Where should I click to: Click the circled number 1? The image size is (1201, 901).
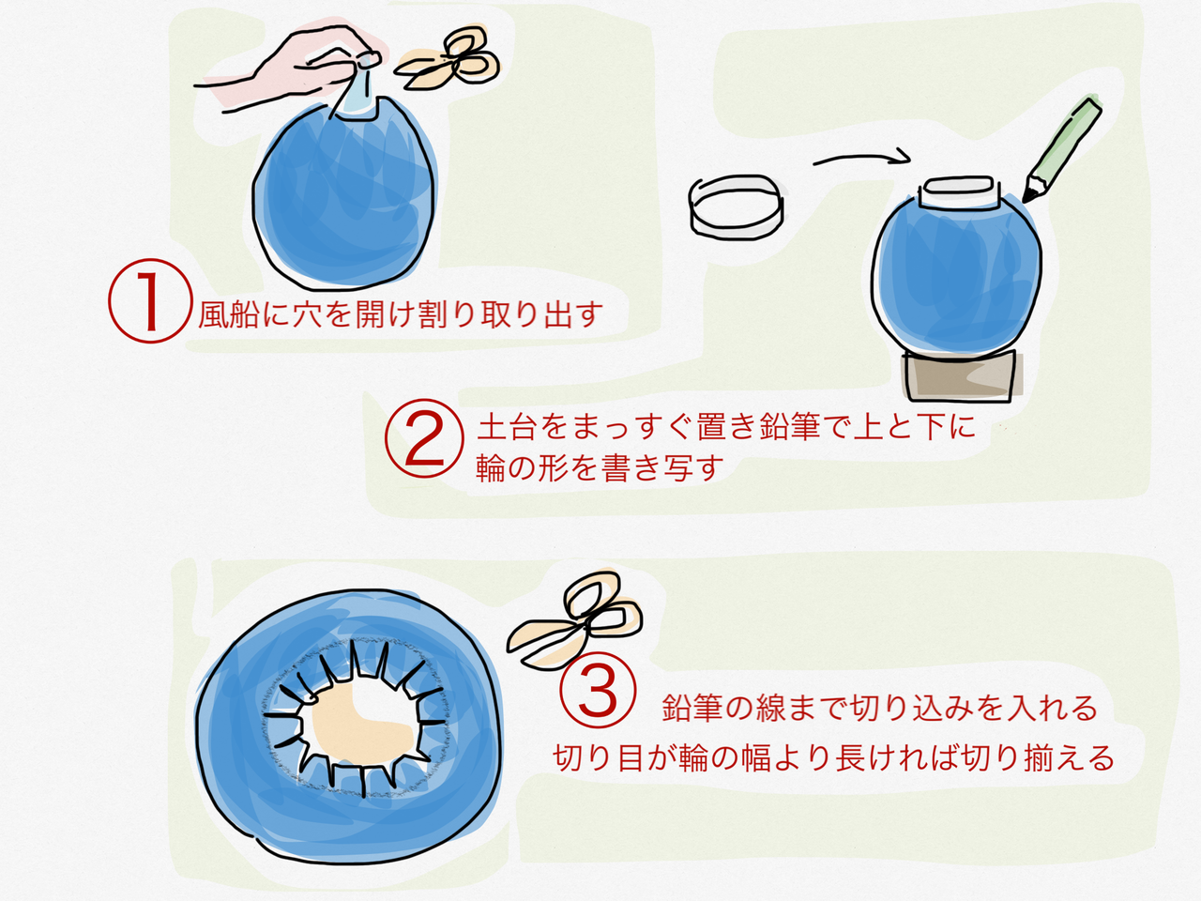click(x=150, y=301)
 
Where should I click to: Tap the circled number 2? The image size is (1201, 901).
click(x=425, y=438)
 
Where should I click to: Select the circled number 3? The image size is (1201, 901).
click(x=598, y=692)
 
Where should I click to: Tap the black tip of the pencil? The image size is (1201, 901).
click(x=1027, y=197)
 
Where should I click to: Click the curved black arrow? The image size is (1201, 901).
click(x=861, y=157)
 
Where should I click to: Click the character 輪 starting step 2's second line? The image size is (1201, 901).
click(x=491, y=468)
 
